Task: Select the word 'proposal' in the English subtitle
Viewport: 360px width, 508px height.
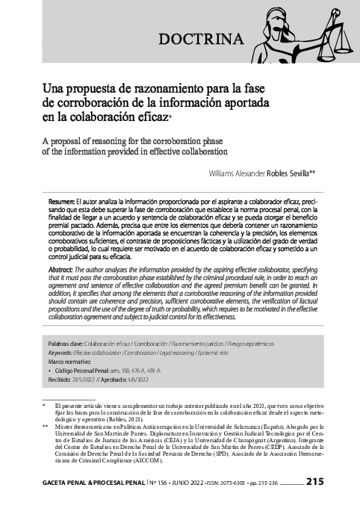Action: tap(72, 139)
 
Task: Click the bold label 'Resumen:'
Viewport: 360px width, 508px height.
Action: tap(61, 202)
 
